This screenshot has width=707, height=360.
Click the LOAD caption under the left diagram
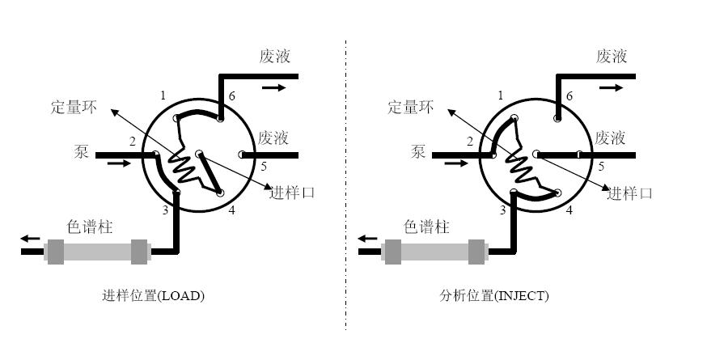point(153,295)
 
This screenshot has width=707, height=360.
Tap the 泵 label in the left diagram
point(80,151)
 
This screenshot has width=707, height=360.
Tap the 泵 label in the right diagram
point(418,151)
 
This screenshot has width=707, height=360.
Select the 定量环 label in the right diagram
point(411,106)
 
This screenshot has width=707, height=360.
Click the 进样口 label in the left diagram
point(292,193)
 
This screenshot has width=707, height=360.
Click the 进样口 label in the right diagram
point(629,193)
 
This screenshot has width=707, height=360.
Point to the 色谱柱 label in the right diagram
point(426,227)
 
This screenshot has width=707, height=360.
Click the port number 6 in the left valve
point(231,96)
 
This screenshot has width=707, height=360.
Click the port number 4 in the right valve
point(569,210)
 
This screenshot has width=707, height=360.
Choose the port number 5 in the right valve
point(600,167)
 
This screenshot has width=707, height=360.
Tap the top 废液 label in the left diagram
point(275,57)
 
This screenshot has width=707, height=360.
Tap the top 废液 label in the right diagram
point(612,57)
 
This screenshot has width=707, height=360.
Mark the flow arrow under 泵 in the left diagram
point(117,163)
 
